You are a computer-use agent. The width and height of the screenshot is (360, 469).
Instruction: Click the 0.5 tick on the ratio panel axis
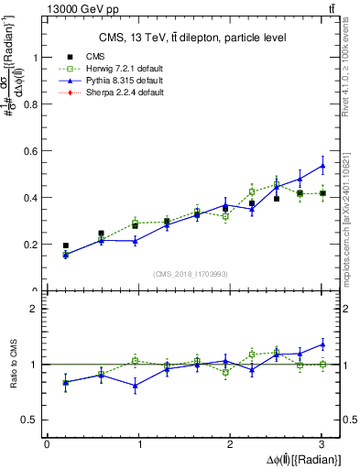pos(30,420)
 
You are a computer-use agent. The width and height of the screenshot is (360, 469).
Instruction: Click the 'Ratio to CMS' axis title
pos(12,365)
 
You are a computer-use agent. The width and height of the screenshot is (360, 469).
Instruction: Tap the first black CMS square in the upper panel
pos(65,245)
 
